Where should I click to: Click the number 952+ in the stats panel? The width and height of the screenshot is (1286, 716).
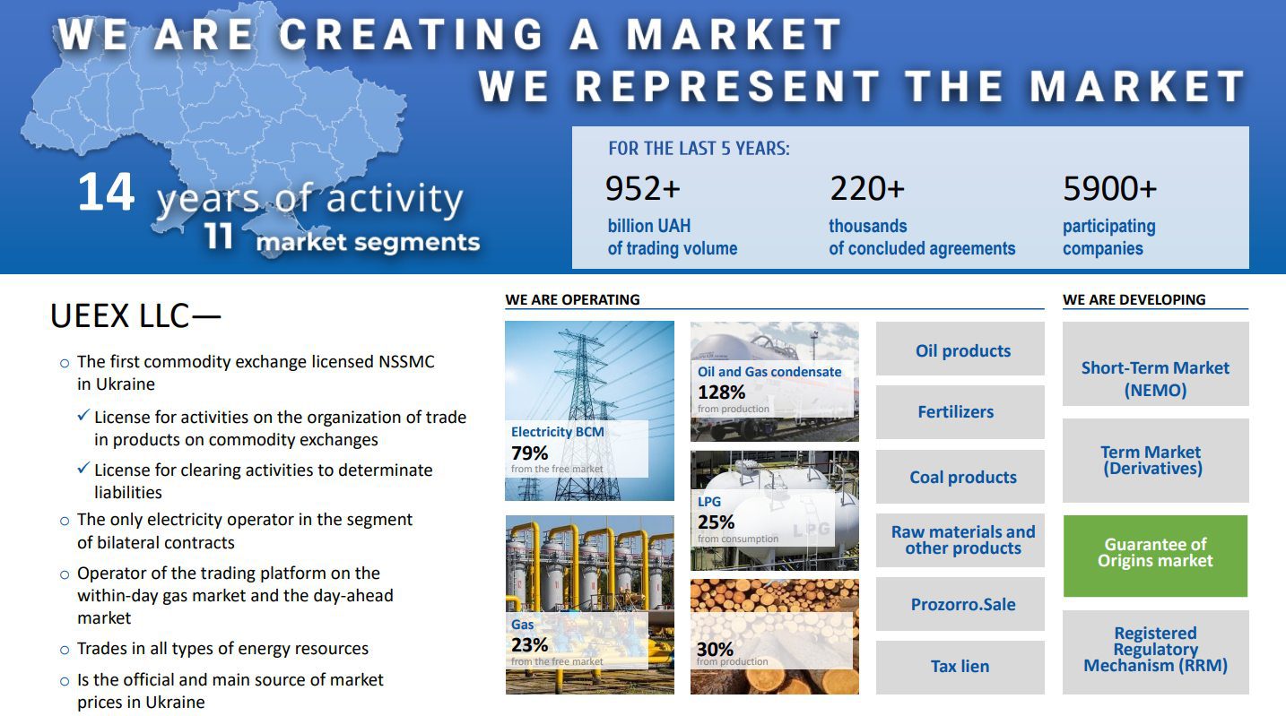click(x=642, y=189)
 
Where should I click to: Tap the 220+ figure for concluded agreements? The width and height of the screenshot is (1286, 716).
click(x=867, y=189)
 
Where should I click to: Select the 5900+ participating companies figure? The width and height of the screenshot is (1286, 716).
click(x=1109, y=189)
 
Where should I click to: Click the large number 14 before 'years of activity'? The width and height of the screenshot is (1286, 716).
click(x=106, y=192)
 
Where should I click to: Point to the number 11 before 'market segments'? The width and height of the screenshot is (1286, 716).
click(x=218, y=236)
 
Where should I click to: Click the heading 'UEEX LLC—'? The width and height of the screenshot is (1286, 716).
click(x=135, y=316)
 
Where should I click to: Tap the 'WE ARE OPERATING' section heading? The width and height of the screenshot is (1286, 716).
click(x=572, y=299)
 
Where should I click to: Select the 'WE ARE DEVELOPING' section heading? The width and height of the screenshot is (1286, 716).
click(x=1134, y=299)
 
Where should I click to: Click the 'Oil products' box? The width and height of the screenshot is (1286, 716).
click(x=960, y=349)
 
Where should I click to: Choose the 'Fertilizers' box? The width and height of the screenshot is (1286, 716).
click(x=960, y=412)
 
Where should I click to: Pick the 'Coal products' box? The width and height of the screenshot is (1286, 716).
click(x=960, y=477)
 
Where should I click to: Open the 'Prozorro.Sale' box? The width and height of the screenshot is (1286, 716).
click(x=960, y=604)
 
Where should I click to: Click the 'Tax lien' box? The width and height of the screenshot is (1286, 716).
click(x=960, y=668)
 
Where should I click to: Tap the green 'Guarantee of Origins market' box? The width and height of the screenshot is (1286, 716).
click(x=1155, y=556)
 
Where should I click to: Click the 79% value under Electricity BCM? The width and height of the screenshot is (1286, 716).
click(x=529, y=453)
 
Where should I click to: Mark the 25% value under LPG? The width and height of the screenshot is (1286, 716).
click(x=716, y=522)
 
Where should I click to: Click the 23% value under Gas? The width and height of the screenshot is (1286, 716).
click(x=529, y=645)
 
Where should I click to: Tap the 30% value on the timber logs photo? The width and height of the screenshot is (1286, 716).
click(x=715, y=649)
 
